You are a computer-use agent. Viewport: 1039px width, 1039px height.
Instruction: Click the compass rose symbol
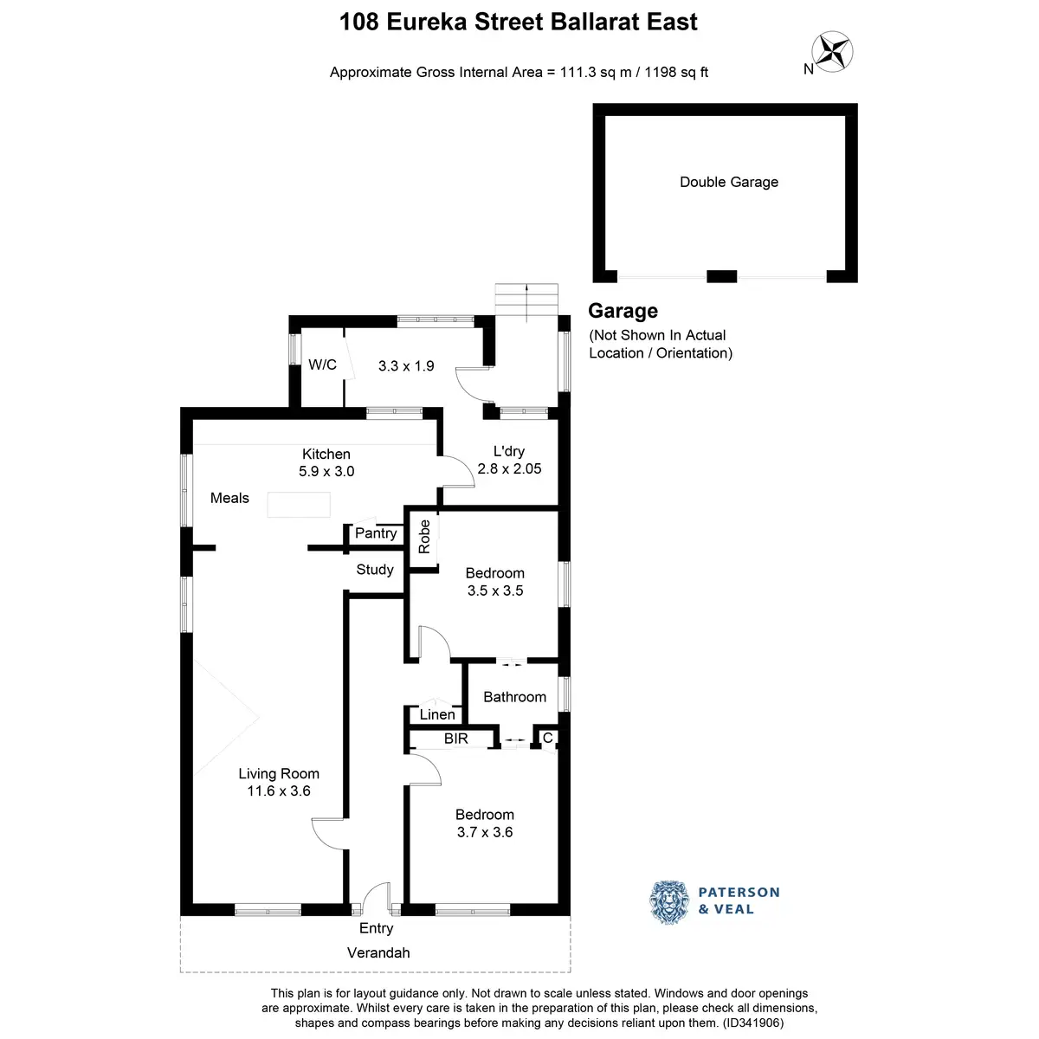coord(833,51)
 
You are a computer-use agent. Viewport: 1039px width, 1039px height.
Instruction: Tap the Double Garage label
coord(729,182)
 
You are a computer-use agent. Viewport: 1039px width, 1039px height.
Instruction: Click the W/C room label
coord(322,365)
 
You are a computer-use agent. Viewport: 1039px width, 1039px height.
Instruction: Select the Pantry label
coord(376,533)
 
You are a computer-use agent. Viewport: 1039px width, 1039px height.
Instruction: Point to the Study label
coord(375,570)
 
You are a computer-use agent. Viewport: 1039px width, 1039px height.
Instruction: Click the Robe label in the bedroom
coord(424,537)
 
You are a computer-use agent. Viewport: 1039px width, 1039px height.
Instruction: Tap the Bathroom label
coord(514,697)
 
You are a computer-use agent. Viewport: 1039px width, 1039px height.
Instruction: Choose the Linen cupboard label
coord(437,714)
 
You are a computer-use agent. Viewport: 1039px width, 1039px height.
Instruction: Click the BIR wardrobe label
coord(456,739)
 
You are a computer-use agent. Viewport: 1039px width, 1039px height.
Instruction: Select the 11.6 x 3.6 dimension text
coord(279,791)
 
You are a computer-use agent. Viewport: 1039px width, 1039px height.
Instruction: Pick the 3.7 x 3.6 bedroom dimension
coord(485,832)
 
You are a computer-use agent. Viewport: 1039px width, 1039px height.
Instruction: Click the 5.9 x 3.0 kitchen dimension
coord(326,471)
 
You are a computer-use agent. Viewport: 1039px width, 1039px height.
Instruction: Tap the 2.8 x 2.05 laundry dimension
coord(509,468)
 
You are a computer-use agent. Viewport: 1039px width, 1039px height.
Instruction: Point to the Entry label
coord(376,928)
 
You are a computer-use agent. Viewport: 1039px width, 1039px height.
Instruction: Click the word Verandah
coord(378,952)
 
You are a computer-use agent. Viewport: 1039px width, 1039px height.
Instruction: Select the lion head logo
coord(669,901)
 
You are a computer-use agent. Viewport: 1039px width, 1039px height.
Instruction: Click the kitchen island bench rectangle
coord(299,504)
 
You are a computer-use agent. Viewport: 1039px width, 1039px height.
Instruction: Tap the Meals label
coord(229,498)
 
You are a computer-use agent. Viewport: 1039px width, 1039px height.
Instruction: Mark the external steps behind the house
coord(526,300)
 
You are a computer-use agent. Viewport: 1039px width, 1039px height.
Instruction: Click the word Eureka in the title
coord(429,22)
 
